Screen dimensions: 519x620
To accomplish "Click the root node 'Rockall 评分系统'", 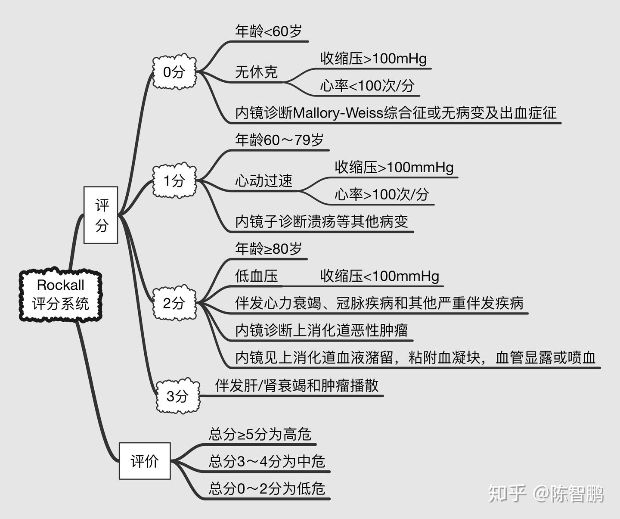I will click(x=60, y=295).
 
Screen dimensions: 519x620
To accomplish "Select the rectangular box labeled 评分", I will click(x=101, y=215).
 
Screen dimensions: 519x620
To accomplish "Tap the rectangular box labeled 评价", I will click(x=145, y=461).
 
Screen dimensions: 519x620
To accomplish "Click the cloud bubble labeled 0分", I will click(x=174, y=72).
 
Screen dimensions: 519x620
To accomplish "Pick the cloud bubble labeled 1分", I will click(x=174, y=180).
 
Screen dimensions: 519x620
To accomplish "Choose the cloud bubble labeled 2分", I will click(x=174, y=303).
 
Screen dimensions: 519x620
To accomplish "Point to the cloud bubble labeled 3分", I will click(x=177, y=396).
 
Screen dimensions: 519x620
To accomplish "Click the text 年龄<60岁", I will click(x=268, y=31).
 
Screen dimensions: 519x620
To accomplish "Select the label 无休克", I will click(x=256, y=72).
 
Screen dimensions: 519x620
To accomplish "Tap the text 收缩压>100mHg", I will click(x=373, y=59).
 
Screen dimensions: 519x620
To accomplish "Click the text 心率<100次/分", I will click(x=367, y=86).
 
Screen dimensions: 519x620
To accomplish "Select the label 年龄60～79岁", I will click(x=279, y=140).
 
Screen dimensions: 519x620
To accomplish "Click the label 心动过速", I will click(x=263, y=181).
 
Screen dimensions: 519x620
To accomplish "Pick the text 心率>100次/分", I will click(x=382, y=195).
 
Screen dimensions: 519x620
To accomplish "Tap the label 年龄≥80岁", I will click(x=268, y=249).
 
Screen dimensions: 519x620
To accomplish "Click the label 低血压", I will click(x=256, y=276).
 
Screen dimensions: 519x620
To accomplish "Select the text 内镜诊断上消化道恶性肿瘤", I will click(x=321, y=330).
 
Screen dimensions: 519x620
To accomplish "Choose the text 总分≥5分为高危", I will click(x=260, y=434).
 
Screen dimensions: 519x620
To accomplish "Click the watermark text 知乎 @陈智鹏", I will click(x=546, y=494).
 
